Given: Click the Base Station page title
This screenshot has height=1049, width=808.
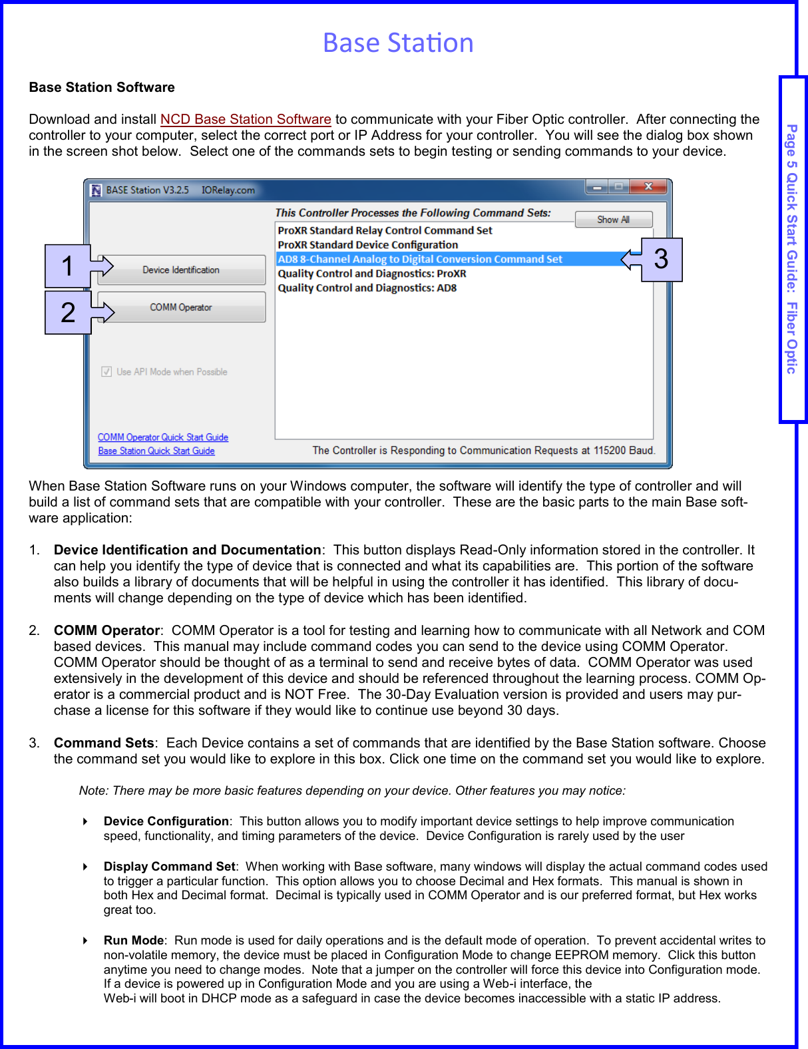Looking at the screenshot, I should click(398, 43).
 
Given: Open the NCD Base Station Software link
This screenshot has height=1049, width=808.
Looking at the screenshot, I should click(246, 119).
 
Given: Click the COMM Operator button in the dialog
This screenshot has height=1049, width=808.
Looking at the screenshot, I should click(181, 308).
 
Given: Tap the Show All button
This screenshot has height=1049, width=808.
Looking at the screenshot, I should click(613, 220).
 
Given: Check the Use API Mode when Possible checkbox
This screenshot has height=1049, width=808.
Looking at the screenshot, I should click(106, 371).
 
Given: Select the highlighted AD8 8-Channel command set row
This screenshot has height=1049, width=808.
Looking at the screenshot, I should click(419, 259).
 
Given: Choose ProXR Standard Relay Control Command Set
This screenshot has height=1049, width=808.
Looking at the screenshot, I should click(385, 230).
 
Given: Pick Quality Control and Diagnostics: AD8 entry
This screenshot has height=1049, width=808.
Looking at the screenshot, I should click(367, 288).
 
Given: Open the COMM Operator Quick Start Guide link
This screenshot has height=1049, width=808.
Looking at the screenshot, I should click(163, 437).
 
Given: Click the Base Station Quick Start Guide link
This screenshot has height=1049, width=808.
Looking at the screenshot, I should click(156, 451).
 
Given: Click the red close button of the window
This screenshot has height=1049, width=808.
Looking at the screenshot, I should click(648, 187).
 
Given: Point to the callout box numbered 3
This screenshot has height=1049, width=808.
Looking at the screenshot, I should click(661, 260).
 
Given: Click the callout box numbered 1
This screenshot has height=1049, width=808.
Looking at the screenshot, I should click(67, 266).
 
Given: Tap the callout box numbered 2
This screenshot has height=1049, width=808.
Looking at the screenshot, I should click(67, 313).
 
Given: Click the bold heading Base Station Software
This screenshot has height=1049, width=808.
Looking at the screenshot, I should click(102, 87).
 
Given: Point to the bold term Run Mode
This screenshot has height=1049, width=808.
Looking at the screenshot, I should click(133, 940).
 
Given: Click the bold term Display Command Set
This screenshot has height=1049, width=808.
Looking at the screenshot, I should click(169, 866).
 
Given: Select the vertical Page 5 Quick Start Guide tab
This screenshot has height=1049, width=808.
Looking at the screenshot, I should click(792, 249).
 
